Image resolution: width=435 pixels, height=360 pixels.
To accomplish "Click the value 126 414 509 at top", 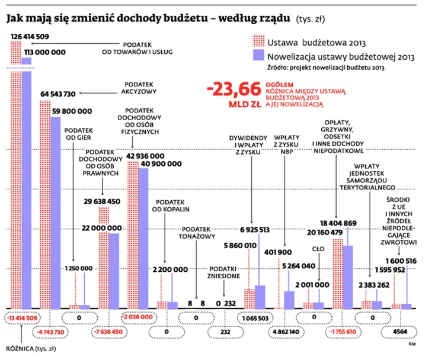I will pos(30,37).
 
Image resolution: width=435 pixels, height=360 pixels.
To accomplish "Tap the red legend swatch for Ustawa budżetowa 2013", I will pos(257,42).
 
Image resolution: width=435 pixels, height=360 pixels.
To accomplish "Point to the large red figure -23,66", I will pos(234,89).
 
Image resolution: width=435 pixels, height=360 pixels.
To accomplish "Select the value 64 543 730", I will pos(57,94).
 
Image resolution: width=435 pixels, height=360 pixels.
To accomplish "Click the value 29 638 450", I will pos(102,202).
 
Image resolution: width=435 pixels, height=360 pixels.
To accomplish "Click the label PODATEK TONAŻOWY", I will pos(199,232).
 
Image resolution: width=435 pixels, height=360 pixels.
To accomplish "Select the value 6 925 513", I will pos(255,229).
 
